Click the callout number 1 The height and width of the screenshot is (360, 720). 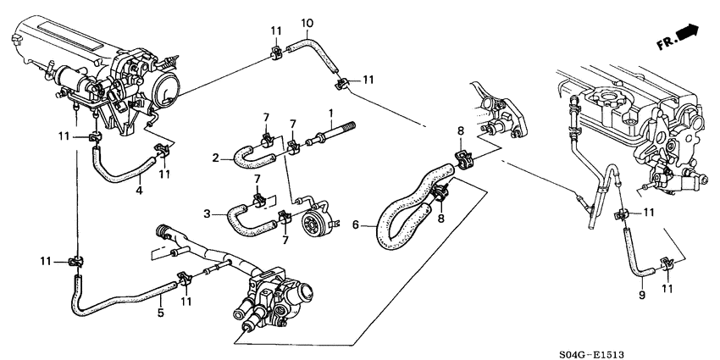pyautogui.click(x=330, y=113)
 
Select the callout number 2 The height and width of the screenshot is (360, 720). pyautogui.click(x=215, y=159)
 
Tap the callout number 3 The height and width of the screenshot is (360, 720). pyautogui.click(x=207, y=214)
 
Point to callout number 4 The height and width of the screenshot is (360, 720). pyautogui.click(x=139, y=190)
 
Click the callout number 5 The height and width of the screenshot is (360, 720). pyautogui.click(x=161, y=313)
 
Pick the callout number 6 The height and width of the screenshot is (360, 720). pyautogui.click(x=355, y=225)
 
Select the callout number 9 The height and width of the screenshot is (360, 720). pyautogui.click(x=642, y=294)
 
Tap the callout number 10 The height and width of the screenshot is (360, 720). pyautogui.click(x=307, y=23)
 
